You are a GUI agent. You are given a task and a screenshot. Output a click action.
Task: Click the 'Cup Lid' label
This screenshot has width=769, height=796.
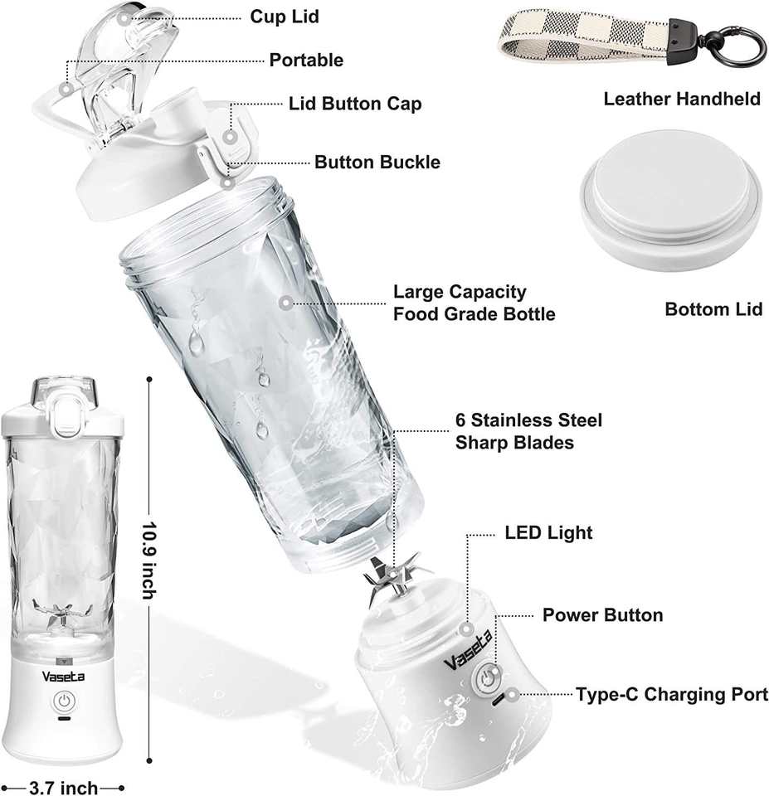tap(285, 17)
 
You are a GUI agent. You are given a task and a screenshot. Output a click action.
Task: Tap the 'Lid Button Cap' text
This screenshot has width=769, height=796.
tap(355, 104)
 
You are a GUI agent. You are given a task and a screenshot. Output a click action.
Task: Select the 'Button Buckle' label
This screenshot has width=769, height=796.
tap(377, 162)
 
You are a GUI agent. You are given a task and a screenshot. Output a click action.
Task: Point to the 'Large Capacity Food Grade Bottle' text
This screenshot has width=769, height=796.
tap(474, 303)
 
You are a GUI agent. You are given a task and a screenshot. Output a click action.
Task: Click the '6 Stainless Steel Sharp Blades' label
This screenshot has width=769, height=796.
tap(528, 431)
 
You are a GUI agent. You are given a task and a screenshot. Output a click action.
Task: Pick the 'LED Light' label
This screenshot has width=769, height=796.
tap(548, 532)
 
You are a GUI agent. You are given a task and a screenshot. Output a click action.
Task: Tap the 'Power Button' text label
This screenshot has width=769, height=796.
tap(602, 615)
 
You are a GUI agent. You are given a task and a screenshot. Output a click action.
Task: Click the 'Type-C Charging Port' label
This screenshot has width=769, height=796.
tap(672, 694)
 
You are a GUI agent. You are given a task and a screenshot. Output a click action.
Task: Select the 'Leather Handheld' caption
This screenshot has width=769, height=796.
tap(681, 99)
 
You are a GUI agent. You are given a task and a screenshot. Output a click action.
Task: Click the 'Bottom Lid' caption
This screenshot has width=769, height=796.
tap(713, 309)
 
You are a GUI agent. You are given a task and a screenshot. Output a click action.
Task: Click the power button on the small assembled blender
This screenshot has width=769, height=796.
tap(64, 701)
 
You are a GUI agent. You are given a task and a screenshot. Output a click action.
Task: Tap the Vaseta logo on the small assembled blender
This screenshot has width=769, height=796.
tap(63, 676)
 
